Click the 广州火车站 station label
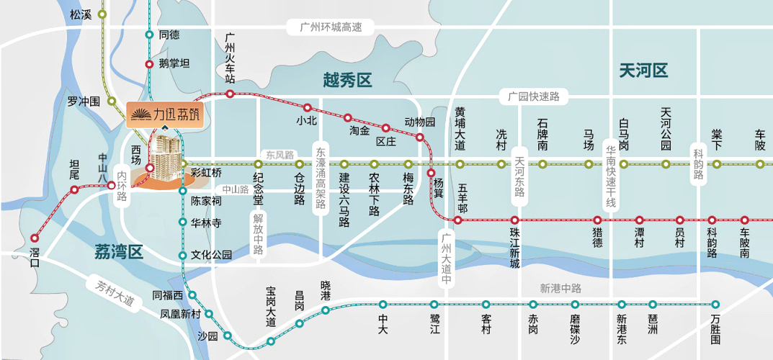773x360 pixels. [x=231, y=58]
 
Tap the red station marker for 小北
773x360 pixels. [x=308, y=107]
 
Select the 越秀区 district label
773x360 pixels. [x=347, y=80]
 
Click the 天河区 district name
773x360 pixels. [x=643, y=71]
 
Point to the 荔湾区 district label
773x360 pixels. [x=119, y=251]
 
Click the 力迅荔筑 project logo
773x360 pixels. [x=165, y=114]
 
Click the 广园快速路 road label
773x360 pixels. [x=534, y=96]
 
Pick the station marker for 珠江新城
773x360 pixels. [x=514, y=220]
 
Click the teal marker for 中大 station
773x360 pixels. [x=383, y=304]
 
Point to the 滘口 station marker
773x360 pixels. [x=35, y=238]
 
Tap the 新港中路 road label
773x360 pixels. [x=560, y=288]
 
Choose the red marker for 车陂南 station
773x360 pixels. [x=745, y=220]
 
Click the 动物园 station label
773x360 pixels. [x=420, y=122]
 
